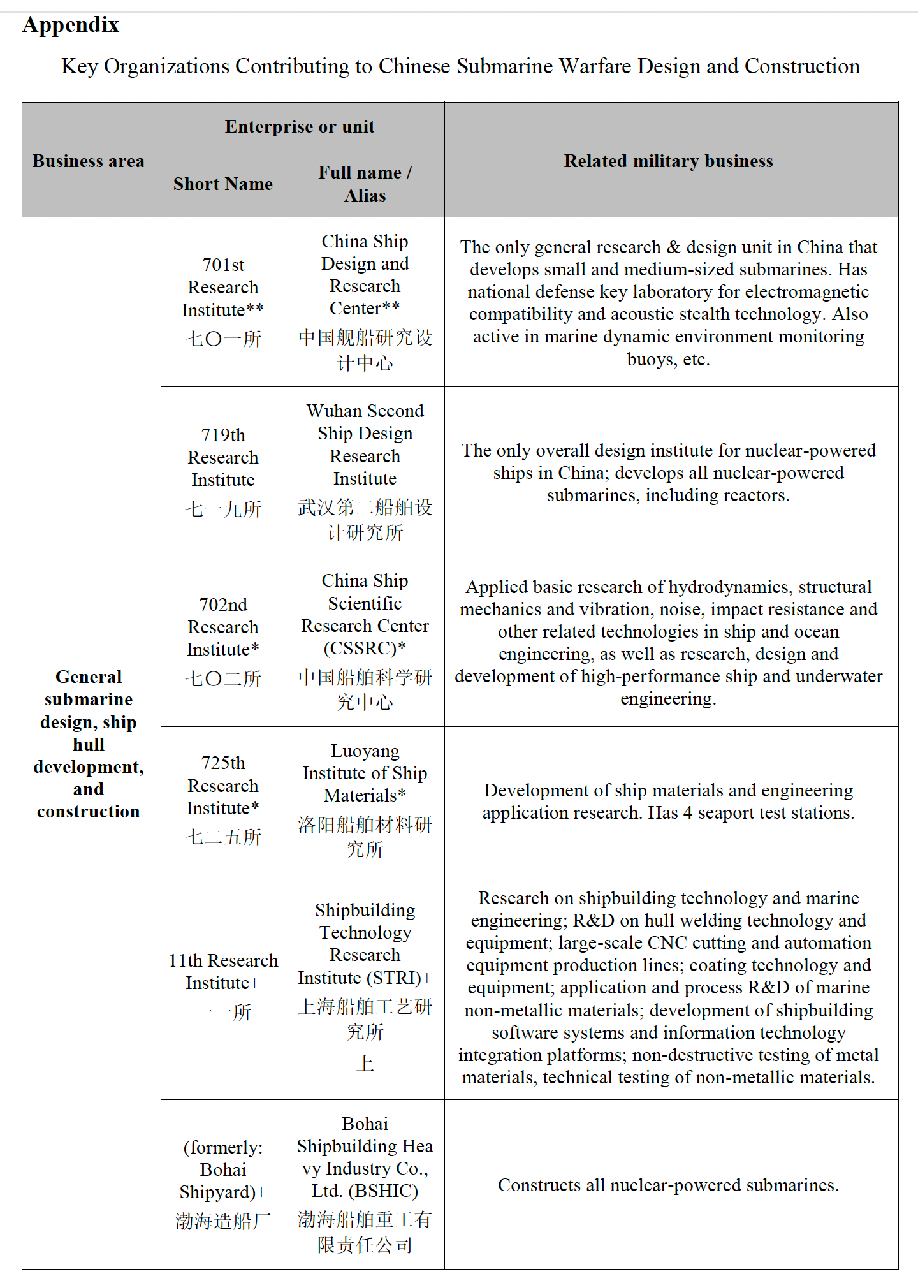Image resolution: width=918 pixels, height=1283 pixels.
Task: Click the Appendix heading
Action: pyautogui.click(x=71, y=25)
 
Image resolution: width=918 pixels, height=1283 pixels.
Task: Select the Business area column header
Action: pyautogui.click(x=89, y=161)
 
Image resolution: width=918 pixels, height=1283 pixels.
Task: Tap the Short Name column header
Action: pyautogui.click(x=223, y=184)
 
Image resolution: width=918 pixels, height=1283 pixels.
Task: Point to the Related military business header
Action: pyautogui.click(x=668, y=161)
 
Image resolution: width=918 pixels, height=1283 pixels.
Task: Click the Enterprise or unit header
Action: pyautogui.click(x=300, y=126)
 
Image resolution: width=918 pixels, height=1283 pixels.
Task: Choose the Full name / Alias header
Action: pyautogui.click(x=365, y=184)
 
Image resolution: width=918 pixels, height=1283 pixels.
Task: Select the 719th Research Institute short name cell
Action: pyautogui.click(x=223, y=471)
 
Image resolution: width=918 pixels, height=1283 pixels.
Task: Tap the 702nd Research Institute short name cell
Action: pyautogui.click(x=223, y=641)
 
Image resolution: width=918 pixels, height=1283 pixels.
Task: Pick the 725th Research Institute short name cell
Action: pyautogui.click(x=223, y=800)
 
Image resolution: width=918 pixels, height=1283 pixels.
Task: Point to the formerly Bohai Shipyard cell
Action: pyautogui.click(x=223, y=1184)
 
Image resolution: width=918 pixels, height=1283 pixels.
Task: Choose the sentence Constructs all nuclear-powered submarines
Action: pyautogui.click(x=668, y=1185)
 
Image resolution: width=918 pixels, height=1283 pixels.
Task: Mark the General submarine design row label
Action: pyautogui.click(x=89, y=744)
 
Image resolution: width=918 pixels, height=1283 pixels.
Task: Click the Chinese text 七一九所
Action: pyautogui.click(x=223, y=509)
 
